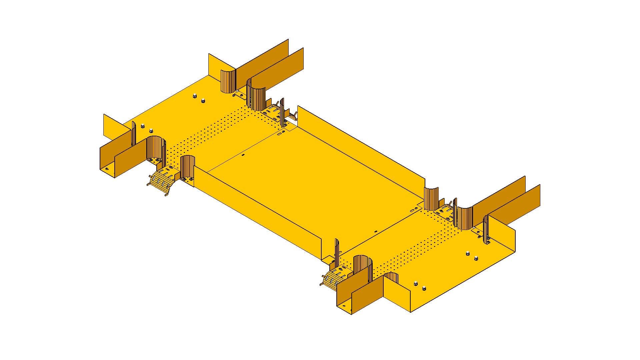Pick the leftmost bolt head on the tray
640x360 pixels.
pos(143,126)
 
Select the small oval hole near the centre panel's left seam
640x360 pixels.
pos(243,155)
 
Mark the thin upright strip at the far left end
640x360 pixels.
pos(134,133)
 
